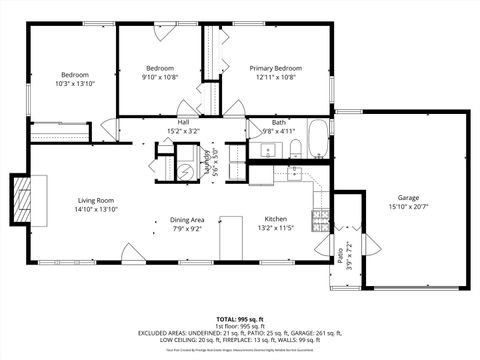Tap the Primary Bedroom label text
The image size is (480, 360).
(275, 68)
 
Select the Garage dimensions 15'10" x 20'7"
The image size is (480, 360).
(408, 207)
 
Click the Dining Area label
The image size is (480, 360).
(187, 219)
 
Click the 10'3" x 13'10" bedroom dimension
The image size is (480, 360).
(75, 84)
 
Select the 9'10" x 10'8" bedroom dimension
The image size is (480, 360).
(160, 77)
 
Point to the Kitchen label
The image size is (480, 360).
(277, 219)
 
